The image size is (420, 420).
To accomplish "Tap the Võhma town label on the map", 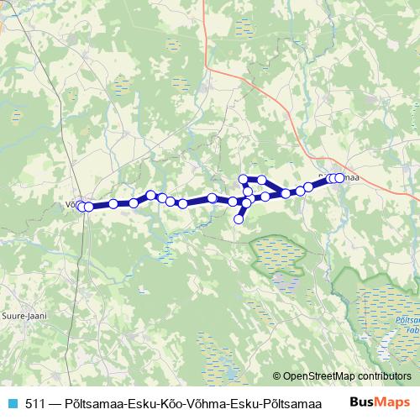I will click(71, 202).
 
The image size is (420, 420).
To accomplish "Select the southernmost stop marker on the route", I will click(239, 219).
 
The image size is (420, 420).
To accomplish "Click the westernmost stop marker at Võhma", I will click(81, 206).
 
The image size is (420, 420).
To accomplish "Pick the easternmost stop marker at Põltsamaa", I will click(340, 178).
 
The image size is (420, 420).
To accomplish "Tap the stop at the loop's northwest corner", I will click(244, 178).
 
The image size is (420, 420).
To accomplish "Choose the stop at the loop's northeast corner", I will click(262, 180).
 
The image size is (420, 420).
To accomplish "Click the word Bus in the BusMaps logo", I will click(360, 402).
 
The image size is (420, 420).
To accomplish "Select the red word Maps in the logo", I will click(391, 402).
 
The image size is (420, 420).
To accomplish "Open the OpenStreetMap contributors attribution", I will click(347, 376).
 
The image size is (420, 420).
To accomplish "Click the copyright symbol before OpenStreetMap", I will click(276, 376).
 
